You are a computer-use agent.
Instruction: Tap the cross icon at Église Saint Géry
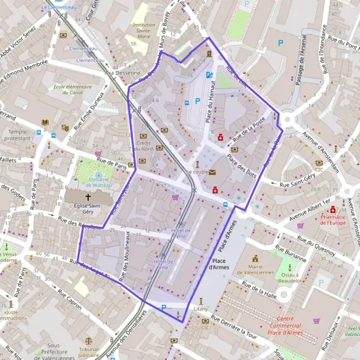(88, 197)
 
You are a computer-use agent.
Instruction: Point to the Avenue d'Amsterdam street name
(320, 151)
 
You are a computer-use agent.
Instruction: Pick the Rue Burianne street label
(290, 253)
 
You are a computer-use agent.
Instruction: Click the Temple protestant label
(18, 135)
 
